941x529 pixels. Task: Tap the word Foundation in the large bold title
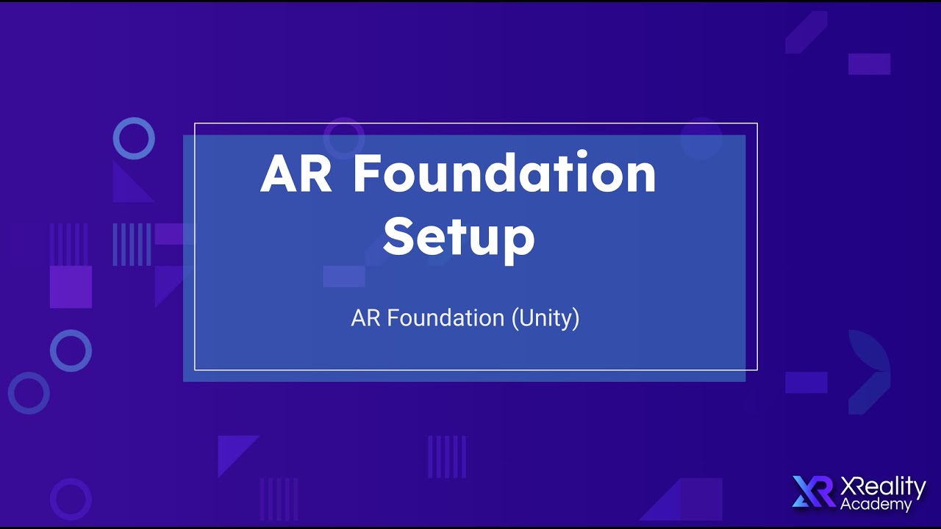pos(504,174)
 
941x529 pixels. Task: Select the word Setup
pos(459,237)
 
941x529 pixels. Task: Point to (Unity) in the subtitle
pos(545,318)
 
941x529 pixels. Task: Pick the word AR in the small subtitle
pos(365,318)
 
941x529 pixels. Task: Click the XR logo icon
pos(813,492)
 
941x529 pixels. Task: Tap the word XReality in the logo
pos(883,486)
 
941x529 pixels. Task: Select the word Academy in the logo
pos(876,504)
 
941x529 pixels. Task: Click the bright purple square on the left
pos(71,287)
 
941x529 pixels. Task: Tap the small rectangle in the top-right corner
pos(869,64)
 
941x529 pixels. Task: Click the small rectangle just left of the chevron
pos(806,382)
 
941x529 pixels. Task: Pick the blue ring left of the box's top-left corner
pos(134,138)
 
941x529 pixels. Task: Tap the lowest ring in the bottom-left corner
pos(71,498)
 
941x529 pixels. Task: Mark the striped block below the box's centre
pos(447,456)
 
